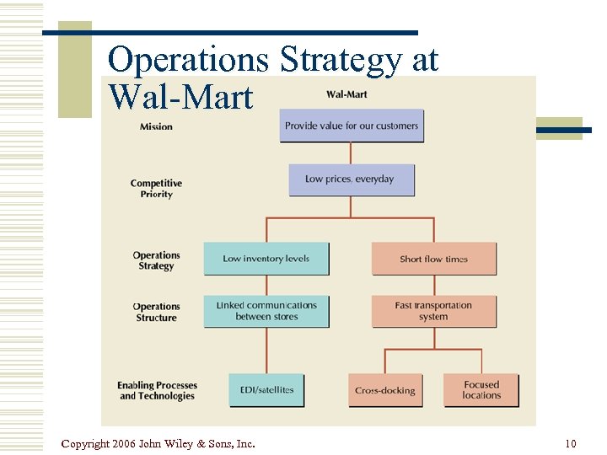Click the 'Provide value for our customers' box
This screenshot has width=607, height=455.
351,126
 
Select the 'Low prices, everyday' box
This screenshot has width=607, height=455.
350,179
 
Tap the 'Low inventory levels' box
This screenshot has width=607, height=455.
266,259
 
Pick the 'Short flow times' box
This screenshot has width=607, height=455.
433,259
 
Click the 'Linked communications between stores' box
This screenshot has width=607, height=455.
266,311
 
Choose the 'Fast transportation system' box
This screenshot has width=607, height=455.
433,311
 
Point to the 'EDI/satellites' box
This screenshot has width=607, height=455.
266,390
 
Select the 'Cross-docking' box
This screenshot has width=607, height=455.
385,390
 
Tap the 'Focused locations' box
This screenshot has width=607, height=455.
481,390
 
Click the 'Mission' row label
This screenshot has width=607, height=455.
156,126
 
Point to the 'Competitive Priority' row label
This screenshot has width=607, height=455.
156,189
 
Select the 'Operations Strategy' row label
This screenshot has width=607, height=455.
156,260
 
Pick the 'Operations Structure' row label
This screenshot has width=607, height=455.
156,312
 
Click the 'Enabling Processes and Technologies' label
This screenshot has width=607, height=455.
156,390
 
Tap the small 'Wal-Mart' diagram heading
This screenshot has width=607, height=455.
346,94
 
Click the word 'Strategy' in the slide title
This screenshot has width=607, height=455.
341,61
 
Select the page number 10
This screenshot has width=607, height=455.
571,443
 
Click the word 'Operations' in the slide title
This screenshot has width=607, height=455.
189,61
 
